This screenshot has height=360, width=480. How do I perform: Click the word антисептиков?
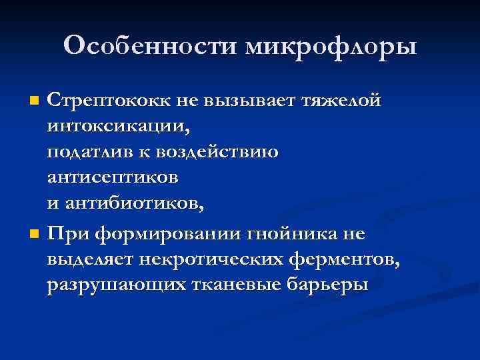click(113, 178)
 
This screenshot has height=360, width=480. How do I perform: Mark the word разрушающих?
click(107, 285)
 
